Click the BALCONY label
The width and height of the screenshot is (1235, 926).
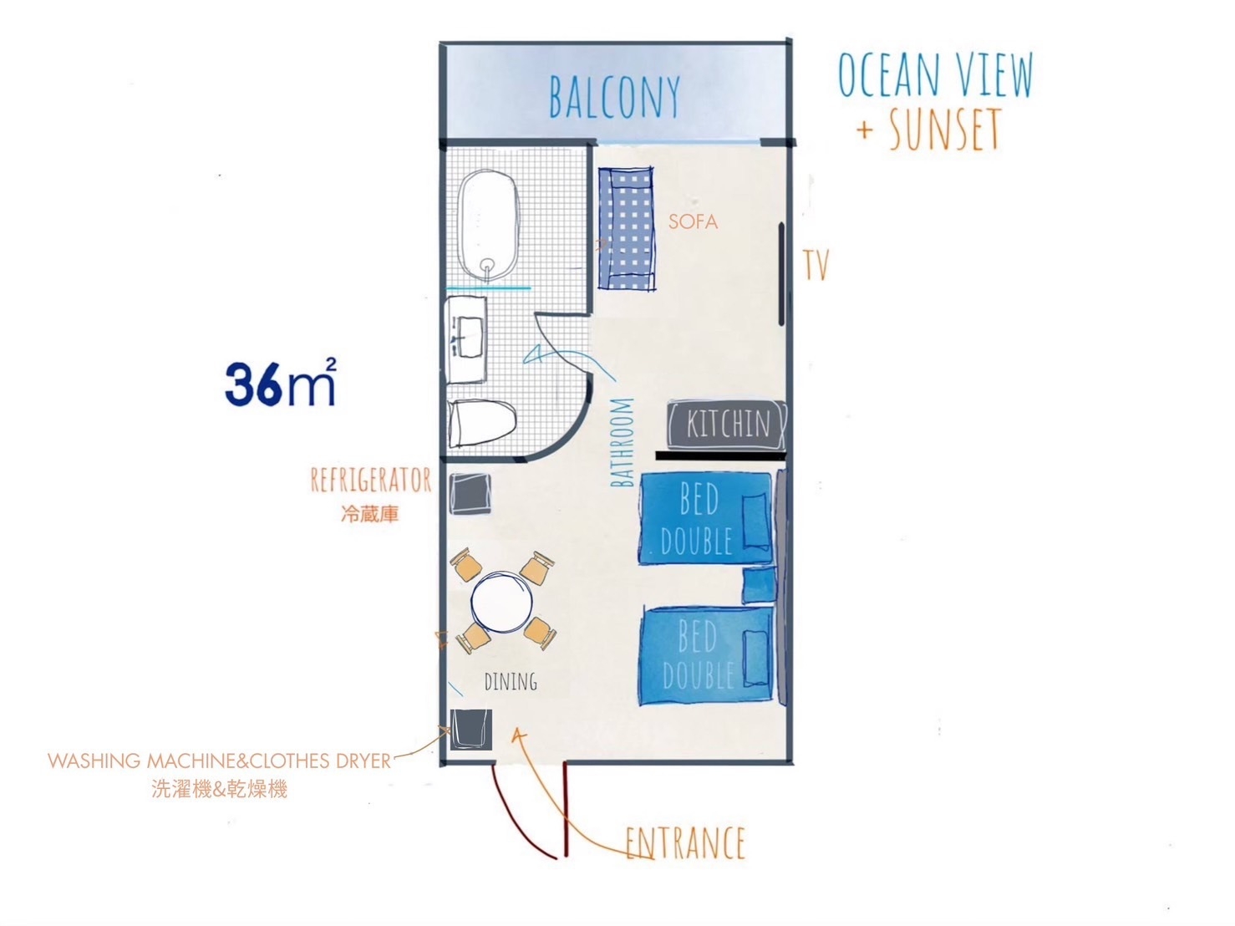coord(614,96)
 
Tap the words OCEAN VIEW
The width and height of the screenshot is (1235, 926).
coord(935,75)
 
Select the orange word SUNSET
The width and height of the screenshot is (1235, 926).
coord(945,128)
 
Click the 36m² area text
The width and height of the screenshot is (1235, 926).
coord(280,382)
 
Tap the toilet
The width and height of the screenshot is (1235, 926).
coord(482,424)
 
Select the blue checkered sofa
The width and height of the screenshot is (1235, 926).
coord(626,228)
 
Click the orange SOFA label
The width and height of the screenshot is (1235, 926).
coord(693,221)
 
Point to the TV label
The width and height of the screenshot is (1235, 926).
coord(816,264)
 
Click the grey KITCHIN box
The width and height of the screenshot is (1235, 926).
coord(726,425)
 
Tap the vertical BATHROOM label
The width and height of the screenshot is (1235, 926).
coord(622,442)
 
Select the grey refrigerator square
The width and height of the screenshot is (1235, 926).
coord(470,493)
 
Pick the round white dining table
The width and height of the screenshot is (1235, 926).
coord(501,602)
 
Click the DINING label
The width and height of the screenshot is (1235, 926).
coord(511,682)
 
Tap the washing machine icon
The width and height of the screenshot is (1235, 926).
coord(471,730)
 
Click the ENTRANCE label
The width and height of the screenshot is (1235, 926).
coord(685,842)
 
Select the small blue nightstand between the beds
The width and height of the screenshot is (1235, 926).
coord(759,586)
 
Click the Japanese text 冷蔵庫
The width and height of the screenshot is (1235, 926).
coord(369,514)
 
